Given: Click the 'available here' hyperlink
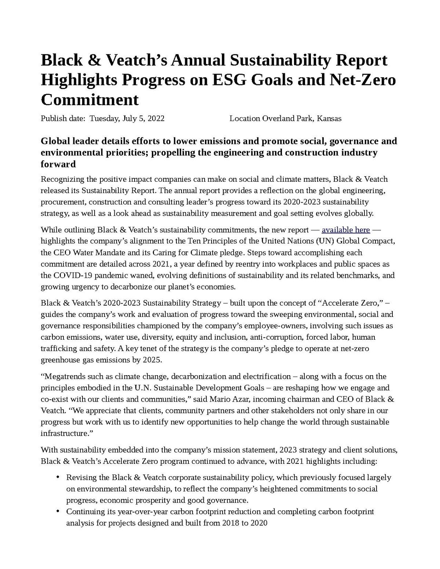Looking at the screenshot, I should [345, 230].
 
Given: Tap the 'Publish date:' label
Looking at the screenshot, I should [63, 118].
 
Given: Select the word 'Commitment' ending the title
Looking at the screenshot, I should [89, 100].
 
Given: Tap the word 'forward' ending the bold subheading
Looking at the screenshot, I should [58, 164].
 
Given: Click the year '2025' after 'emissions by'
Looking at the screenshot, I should [151, 360].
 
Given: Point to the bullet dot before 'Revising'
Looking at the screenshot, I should [58, 477].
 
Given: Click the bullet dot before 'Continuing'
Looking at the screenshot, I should [58, 511].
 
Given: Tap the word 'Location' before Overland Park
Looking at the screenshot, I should [244, 118].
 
